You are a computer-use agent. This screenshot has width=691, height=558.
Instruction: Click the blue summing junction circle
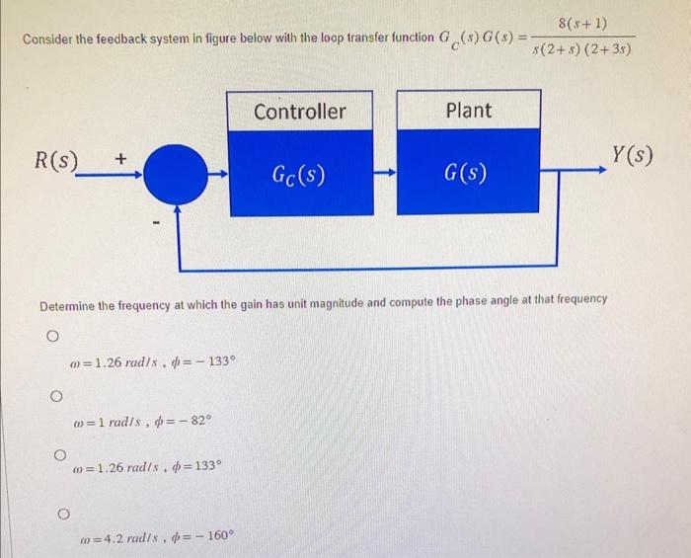(179, 175)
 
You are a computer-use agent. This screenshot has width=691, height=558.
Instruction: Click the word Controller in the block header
(300, 112)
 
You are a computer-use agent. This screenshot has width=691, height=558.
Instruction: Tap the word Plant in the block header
(469, 111)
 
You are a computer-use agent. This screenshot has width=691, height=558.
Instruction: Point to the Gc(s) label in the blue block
(300, 177)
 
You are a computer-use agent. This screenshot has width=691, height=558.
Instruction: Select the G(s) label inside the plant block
(466, 178)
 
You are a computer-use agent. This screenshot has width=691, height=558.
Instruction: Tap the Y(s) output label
(633, 155)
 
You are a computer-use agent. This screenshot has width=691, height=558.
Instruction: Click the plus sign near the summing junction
(120, 157)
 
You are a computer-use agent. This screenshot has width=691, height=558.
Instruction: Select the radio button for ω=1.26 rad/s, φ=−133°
(47, 337)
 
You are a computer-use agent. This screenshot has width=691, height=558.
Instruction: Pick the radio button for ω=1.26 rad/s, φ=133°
(61, 455)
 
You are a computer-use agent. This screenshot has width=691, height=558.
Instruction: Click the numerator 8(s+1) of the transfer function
(581, 22)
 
